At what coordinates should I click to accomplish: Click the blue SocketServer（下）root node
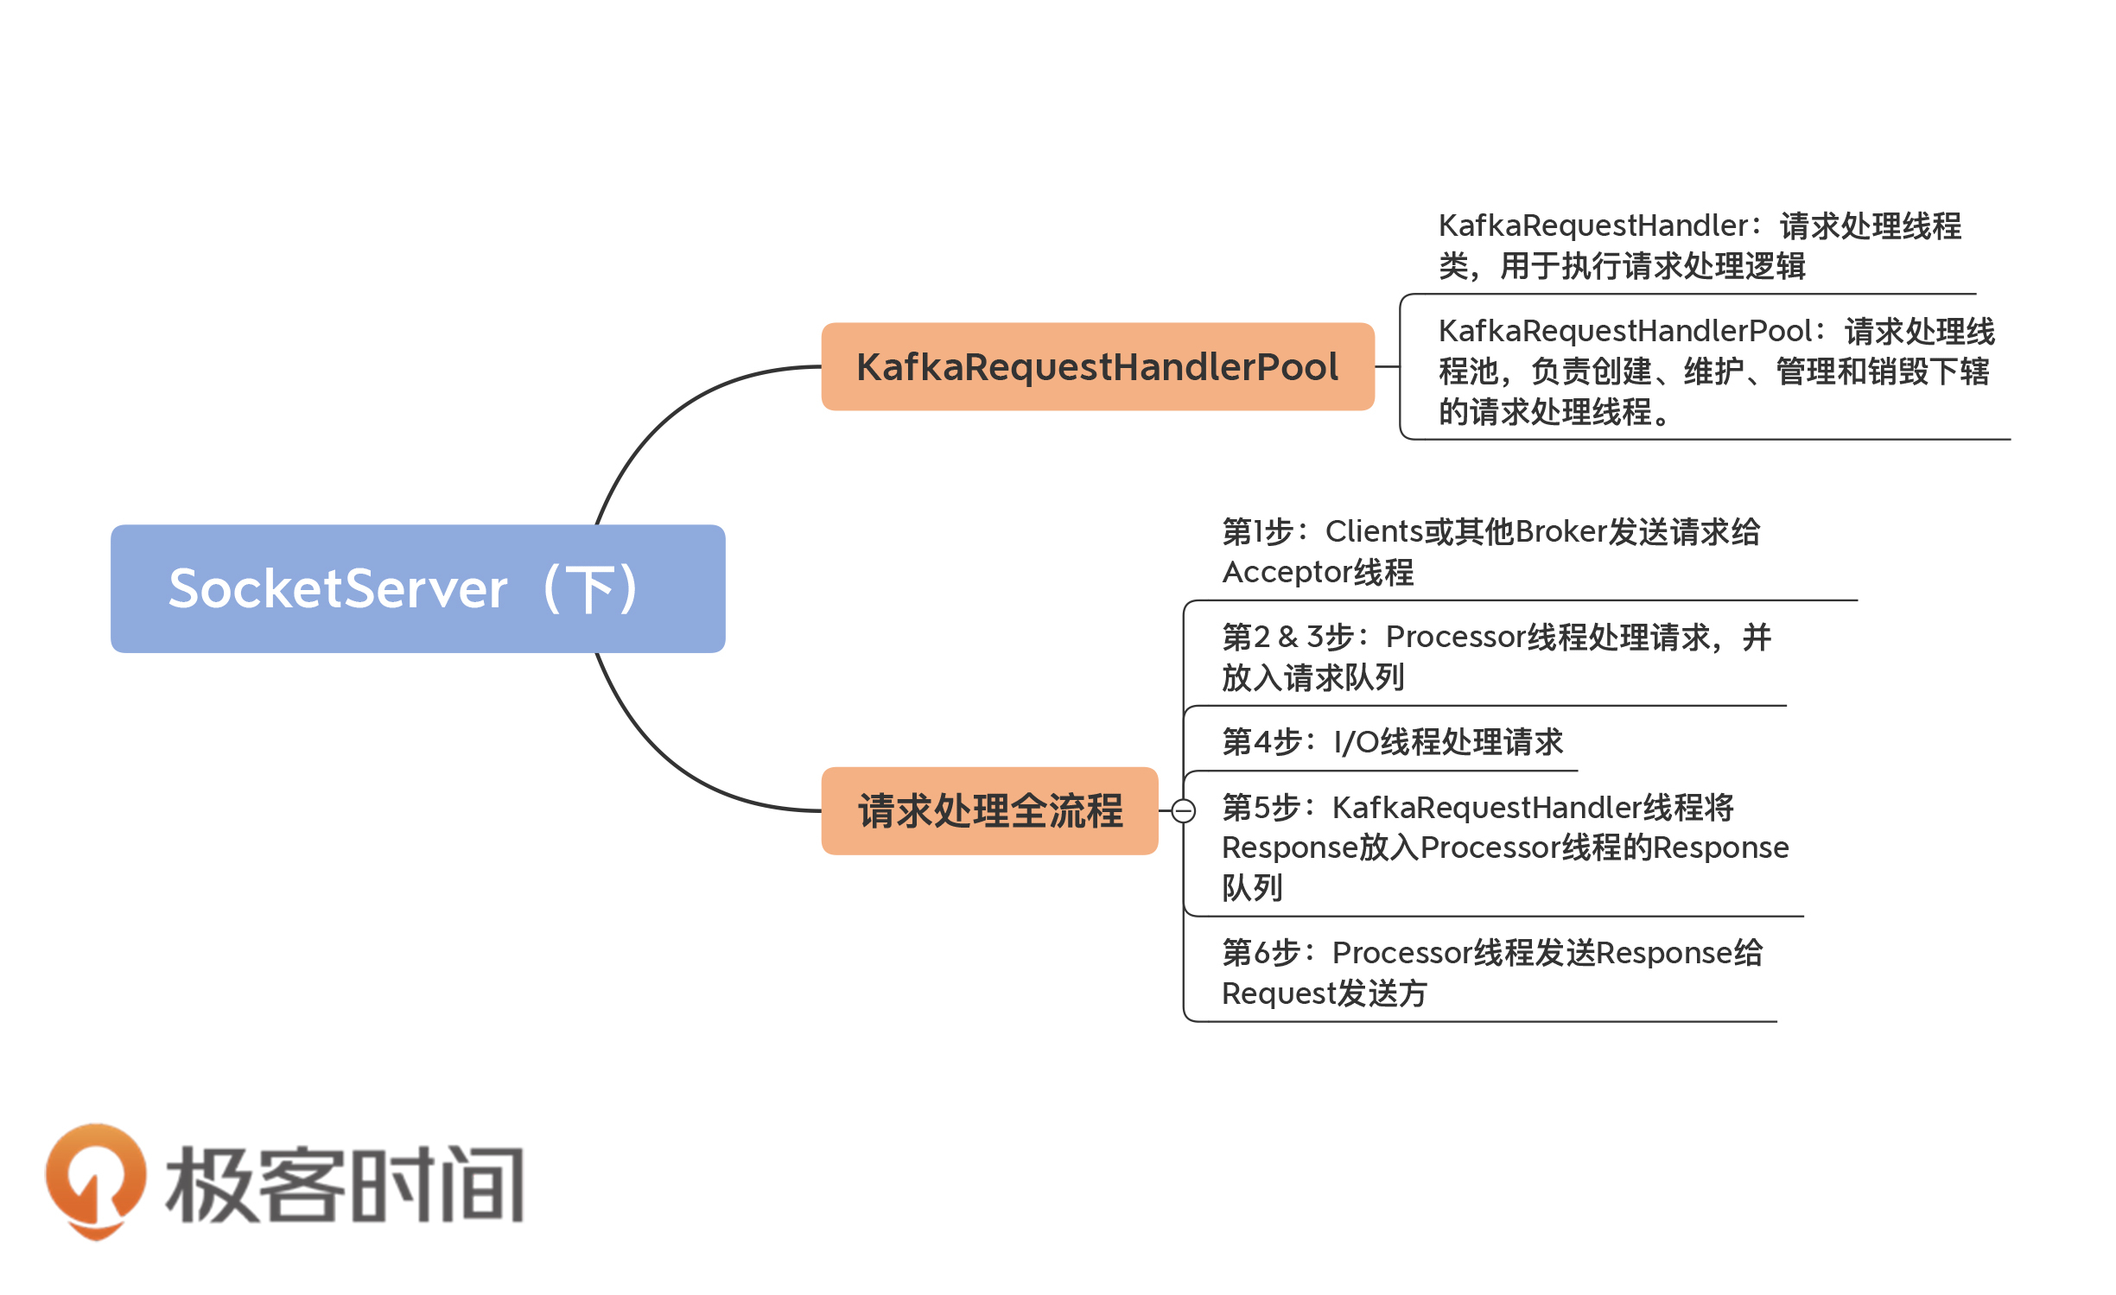(417, 588)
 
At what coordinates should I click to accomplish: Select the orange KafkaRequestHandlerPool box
(1096, 366)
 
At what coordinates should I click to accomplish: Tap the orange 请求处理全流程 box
(989, 810)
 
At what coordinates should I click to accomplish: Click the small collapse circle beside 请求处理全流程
(1183, 810)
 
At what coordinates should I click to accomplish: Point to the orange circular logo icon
(95, 1178)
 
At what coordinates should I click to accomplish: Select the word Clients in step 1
(1374, 531)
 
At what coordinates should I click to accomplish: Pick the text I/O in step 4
(1356, 742)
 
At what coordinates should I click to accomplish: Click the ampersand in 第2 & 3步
(1288, 637)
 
